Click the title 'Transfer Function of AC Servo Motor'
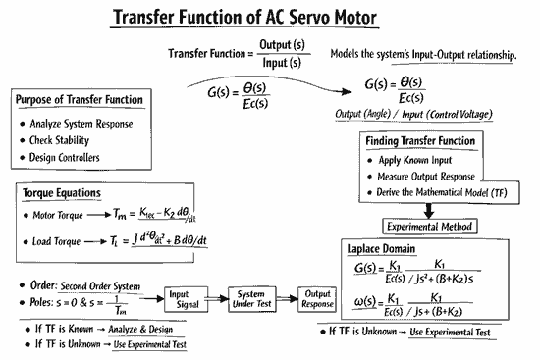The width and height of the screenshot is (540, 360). coord(270,17)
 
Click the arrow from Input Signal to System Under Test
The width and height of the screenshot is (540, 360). coord(214,298)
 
